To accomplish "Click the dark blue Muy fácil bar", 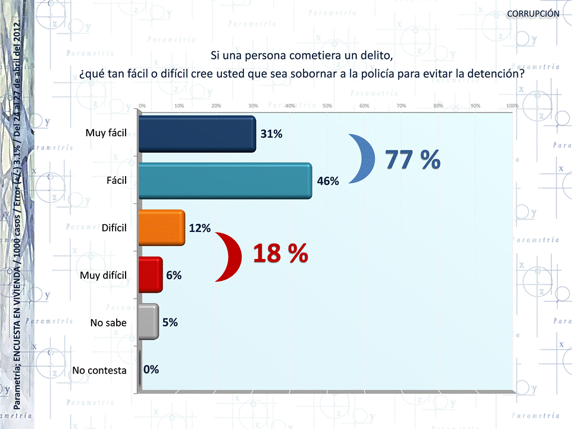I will (x=196, y=134).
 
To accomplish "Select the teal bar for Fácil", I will (x=224, y=181).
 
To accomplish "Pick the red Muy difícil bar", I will (x=149, y=275).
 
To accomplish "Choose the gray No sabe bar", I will (x=148, y=322).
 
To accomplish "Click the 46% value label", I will (x=328, y=181).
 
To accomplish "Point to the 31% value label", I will (x=271, y=134).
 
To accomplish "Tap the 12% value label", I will (x=200, y=228).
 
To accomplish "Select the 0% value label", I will (x=151, y=369).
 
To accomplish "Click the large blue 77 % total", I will (x=412, y=159).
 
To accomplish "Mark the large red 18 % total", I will (x=280, y=254).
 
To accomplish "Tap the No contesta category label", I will (x=99, y=370).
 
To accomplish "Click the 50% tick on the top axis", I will (x=327, y=106).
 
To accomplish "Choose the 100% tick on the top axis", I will (x=511, y=106).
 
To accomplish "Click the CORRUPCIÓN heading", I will (x=533, y=13).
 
